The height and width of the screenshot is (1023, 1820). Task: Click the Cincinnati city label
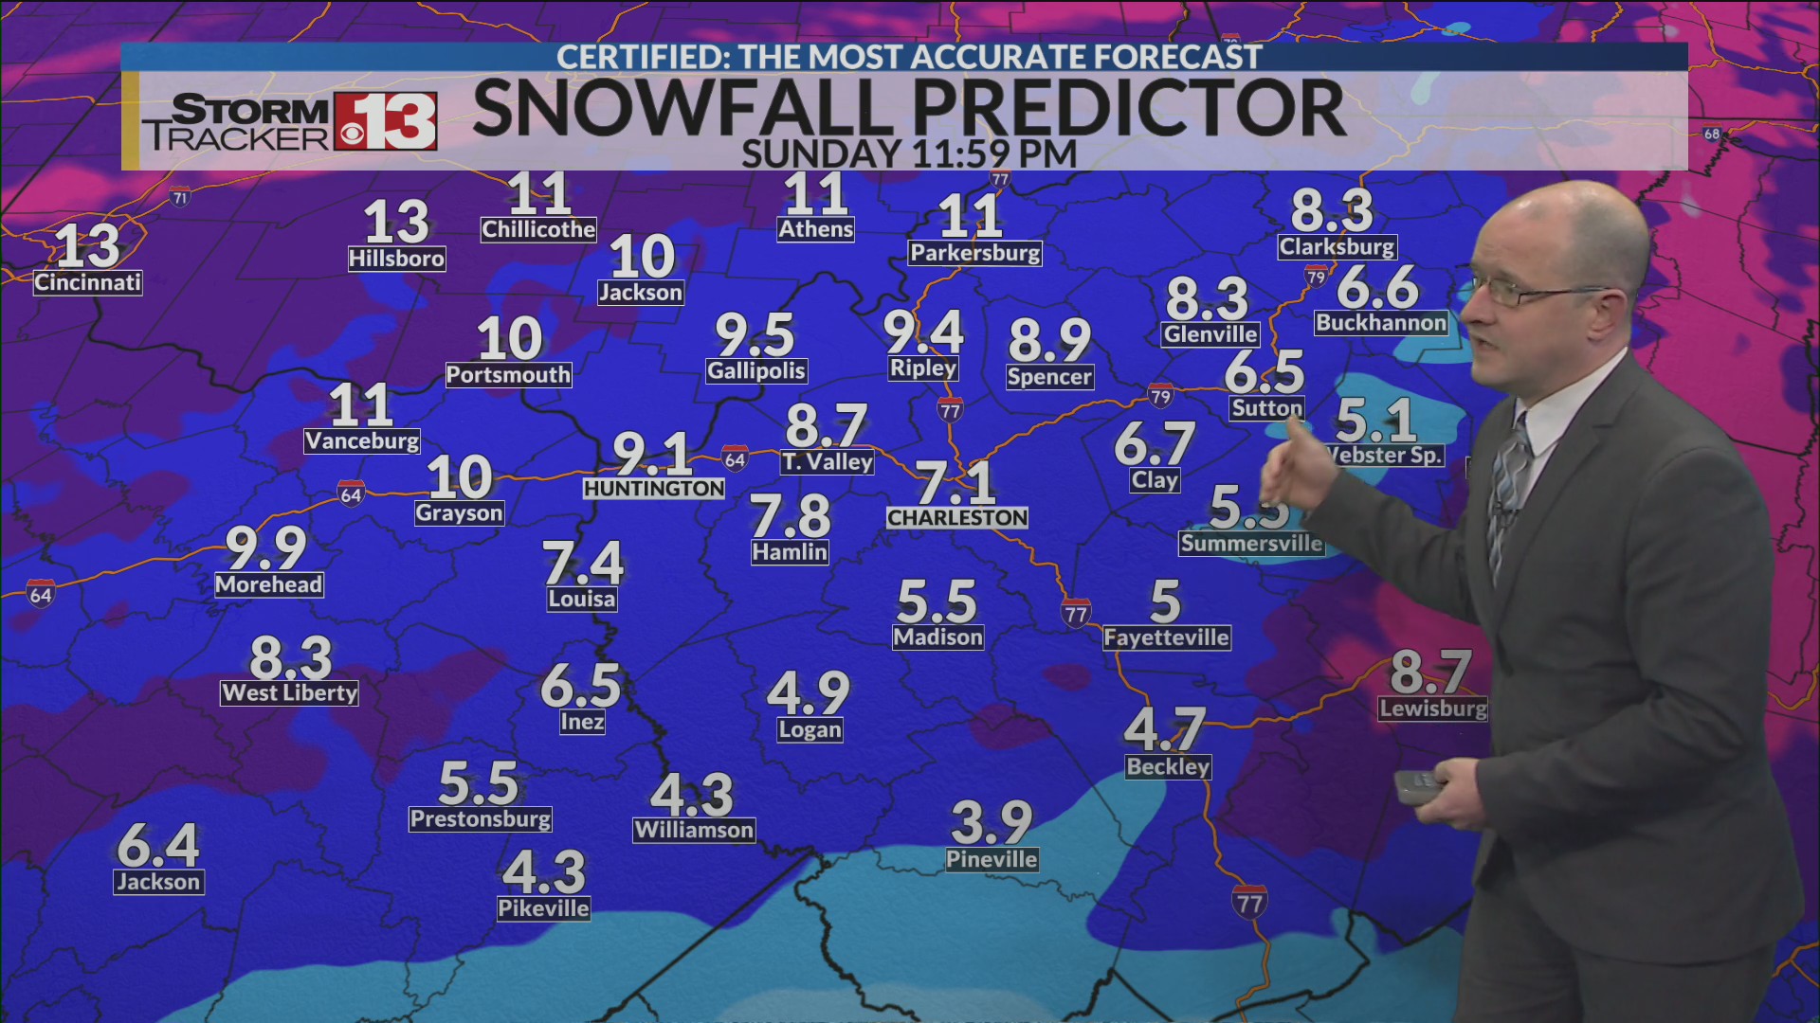click(88, 282)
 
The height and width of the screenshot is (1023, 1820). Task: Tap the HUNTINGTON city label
click(654, 489)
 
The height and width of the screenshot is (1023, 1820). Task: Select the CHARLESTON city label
click(957, 518)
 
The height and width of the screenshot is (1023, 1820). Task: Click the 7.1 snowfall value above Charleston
click(955, 482)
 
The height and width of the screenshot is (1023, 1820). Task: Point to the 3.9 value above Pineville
click(992, 822)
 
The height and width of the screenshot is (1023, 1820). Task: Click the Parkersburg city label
click(975, 253)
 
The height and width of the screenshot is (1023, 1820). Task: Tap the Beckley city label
click(1168, 766)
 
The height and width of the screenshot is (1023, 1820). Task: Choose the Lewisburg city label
click(1433, 709)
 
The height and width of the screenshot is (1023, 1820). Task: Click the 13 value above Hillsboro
click(396, 223)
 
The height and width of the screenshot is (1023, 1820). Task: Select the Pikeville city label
click(544, 908)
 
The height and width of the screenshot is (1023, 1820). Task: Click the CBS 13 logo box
click(385, 121)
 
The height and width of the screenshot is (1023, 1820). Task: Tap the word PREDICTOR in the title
click(1126, 109)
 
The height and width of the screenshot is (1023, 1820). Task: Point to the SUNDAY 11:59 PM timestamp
click(909, 153)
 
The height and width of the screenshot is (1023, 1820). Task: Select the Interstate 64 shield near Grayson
click(352, 494)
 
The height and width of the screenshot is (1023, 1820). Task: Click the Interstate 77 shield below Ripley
click(950, 409)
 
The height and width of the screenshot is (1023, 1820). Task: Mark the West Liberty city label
click(290, 693)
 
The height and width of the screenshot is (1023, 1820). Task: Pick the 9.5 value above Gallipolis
click(755, 335)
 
